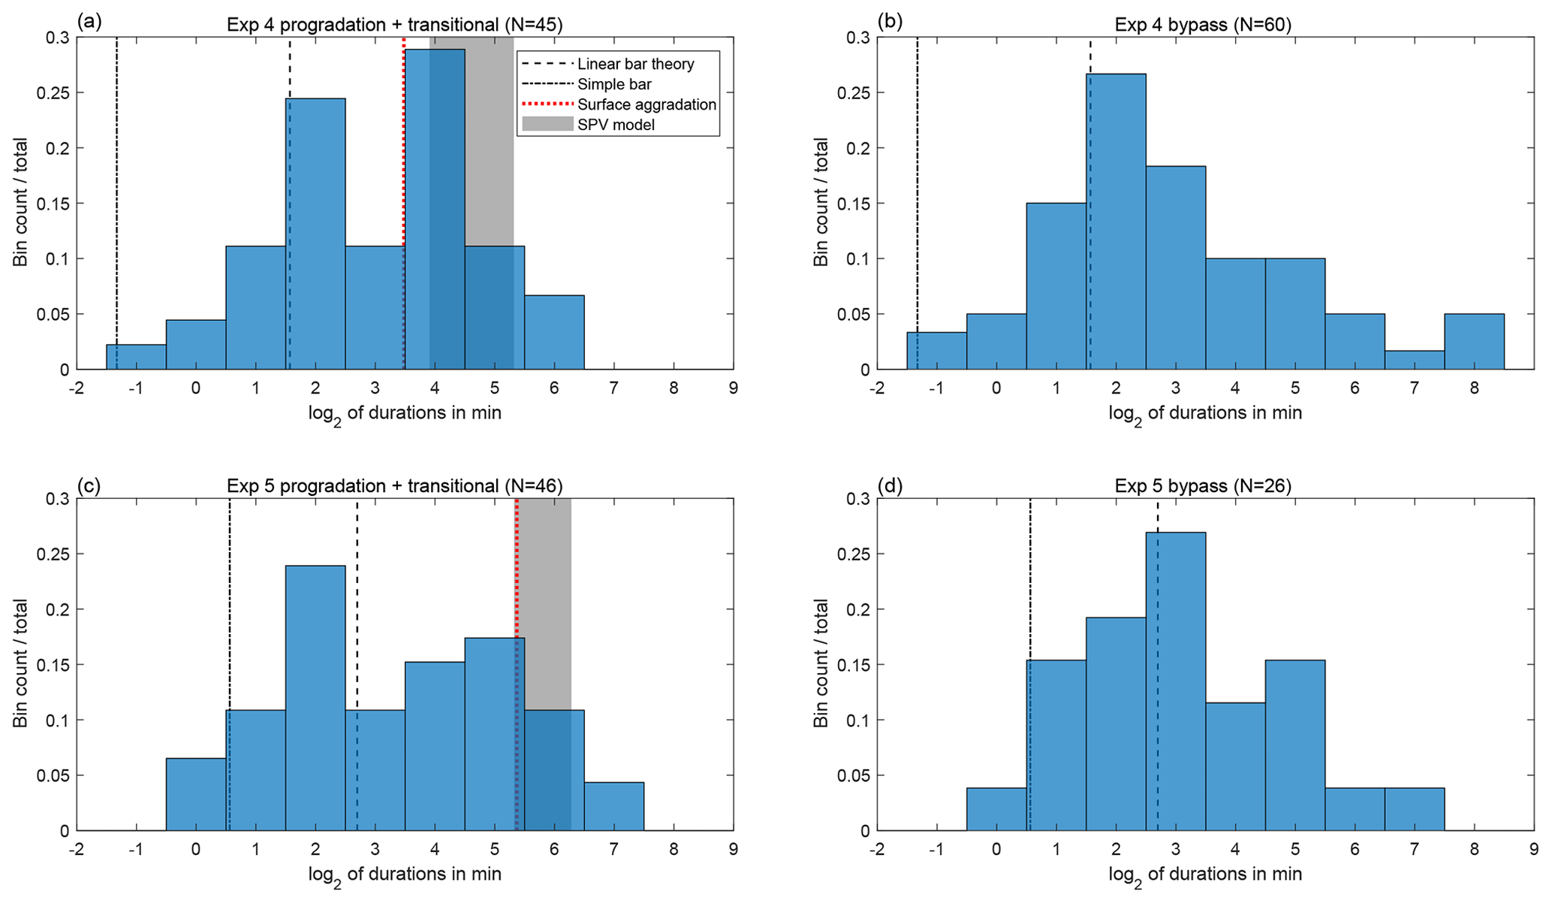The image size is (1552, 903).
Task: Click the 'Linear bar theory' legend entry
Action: coord(635,65)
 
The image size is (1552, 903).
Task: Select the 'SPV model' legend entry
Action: coord(616,125)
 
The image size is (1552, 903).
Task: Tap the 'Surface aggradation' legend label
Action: coord(646,104)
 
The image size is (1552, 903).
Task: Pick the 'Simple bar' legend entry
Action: coord(614,85)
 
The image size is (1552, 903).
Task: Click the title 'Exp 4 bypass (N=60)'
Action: coord(1203,25)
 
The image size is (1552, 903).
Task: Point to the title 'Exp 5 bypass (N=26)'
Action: coord(1203,486)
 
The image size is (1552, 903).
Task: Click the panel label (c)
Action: coord(89,485)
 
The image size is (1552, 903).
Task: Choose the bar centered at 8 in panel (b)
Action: coord(1474,342)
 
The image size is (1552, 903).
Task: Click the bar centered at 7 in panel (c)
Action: coord(613,808)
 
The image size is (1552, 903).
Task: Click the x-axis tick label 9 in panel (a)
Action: coord(733,388)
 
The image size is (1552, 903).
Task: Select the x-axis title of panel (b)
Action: coord(1204,413)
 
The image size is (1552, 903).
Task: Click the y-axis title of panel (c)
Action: coord(20,663)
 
